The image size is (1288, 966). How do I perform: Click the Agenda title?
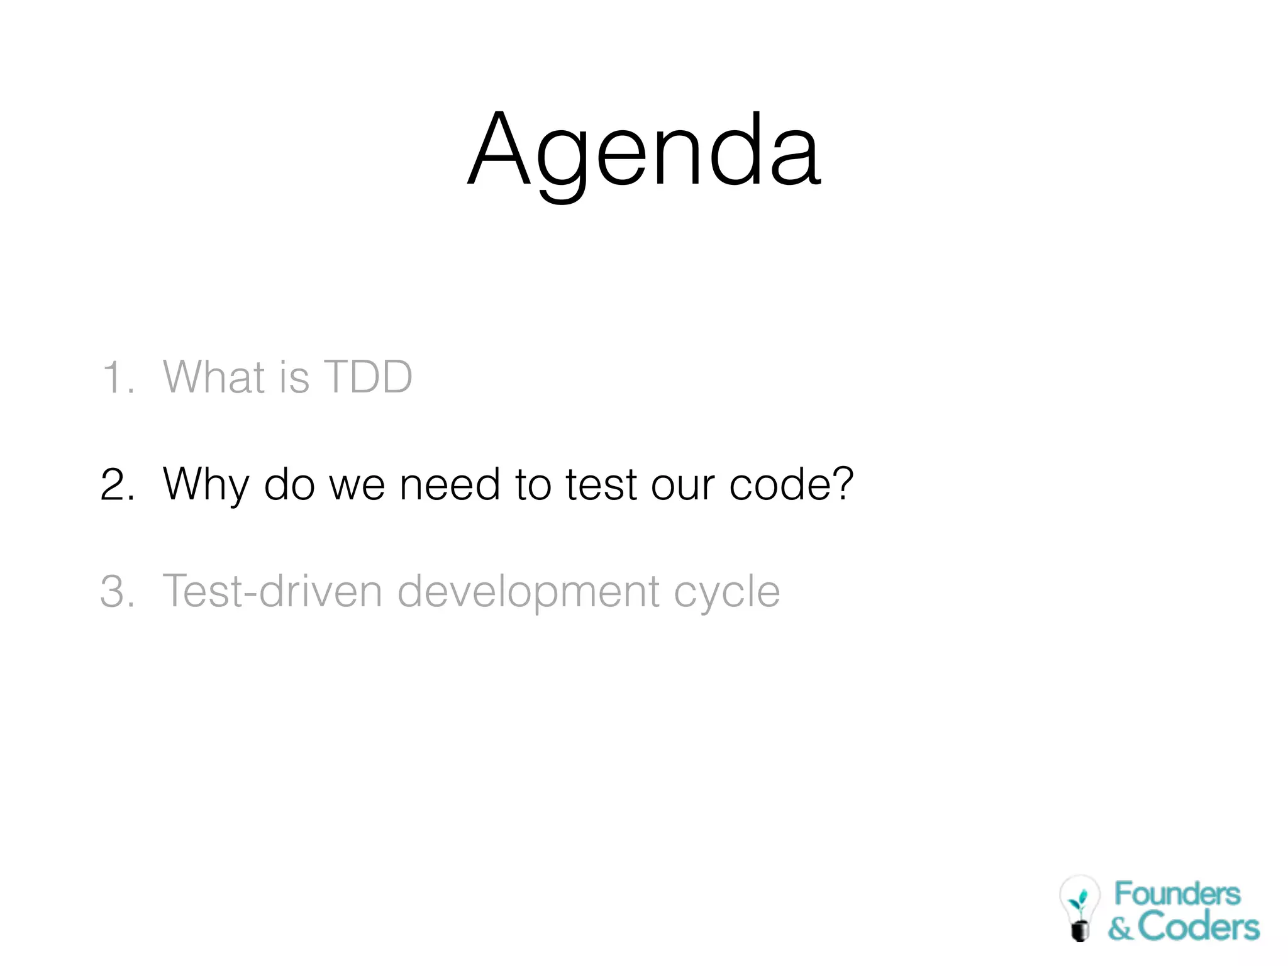(x=644, y=151)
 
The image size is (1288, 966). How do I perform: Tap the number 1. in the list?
(x=118, y=378)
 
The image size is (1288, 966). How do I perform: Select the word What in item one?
(x=214, y=377)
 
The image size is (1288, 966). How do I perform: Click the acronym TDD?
(x=367, y=377)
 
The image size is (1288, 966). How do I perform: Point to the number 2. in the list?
(x=118, y=485)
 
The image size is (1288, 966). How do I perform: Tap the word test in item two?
(x=601, y=485)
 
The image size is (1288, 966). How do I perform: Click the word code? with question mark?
(x=791, y=485)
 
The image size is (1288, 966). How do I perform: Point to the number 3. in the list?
(x=118, y=592)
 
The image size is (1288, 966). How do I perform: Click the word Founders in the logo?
(x=1177, y=894)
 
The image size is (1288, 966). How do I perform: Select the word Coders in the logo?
(x=1198, y=927)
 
